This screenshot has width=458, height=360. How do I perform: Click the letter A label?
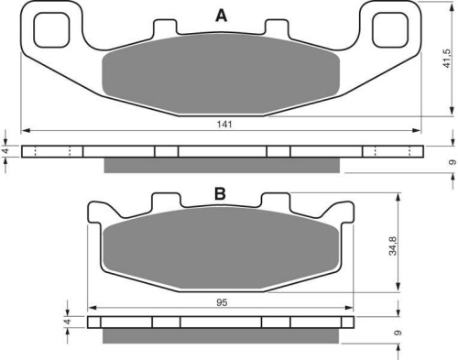pyautogui.click(x=222, y=16)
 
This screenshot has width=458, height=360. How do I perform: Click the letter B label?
pyautogui.click(x=220, y=193)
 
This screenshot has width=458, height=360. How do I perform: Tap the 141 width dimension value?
pyautogui.click(x=224, y=125)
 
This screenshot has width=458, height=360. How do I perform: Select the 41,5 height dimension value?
pyautogui.click(x=446, y=59)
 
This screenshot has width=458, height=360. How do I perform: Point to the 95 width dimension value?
pyautogui.click(x=222, y=302)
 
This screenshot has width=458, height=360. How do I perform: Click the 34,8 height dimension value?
pyautogui.click(x=393, y=246)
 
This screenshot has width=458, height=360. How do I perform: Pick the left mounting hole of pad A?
pyautogui.click(x=51, y=30)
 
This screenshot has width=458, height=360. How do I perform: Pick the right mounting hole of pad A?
pyautogui.click(x=390, y=30)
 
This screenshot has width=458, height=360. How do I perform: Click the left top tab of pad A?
pyautogui.click(x=165, y=27)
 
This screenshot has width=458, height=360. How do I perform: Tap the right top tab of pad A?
pyautogui.click(x=277, y=27)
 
